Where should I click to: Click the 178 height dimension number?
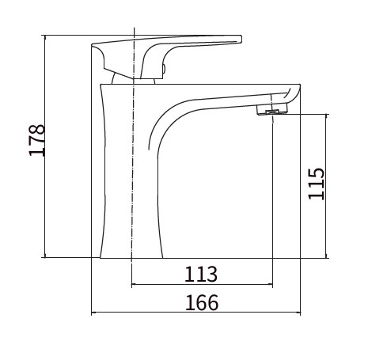click(37, 140)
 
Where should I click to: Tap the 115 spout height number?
click(316, 184)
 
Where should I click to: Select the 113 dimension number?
click(201, 275)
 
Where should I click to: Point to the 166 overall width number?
click(202, 302)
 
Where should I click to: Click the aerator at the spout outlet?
click(272, 110)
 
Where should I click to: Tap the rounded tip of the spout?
click(296, 93)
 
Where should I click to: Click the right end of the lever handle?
click(240, 39)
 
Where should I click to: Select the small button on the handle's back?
click(164, 70)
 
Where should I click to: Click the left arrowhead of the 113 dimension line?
click(134, 284)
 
